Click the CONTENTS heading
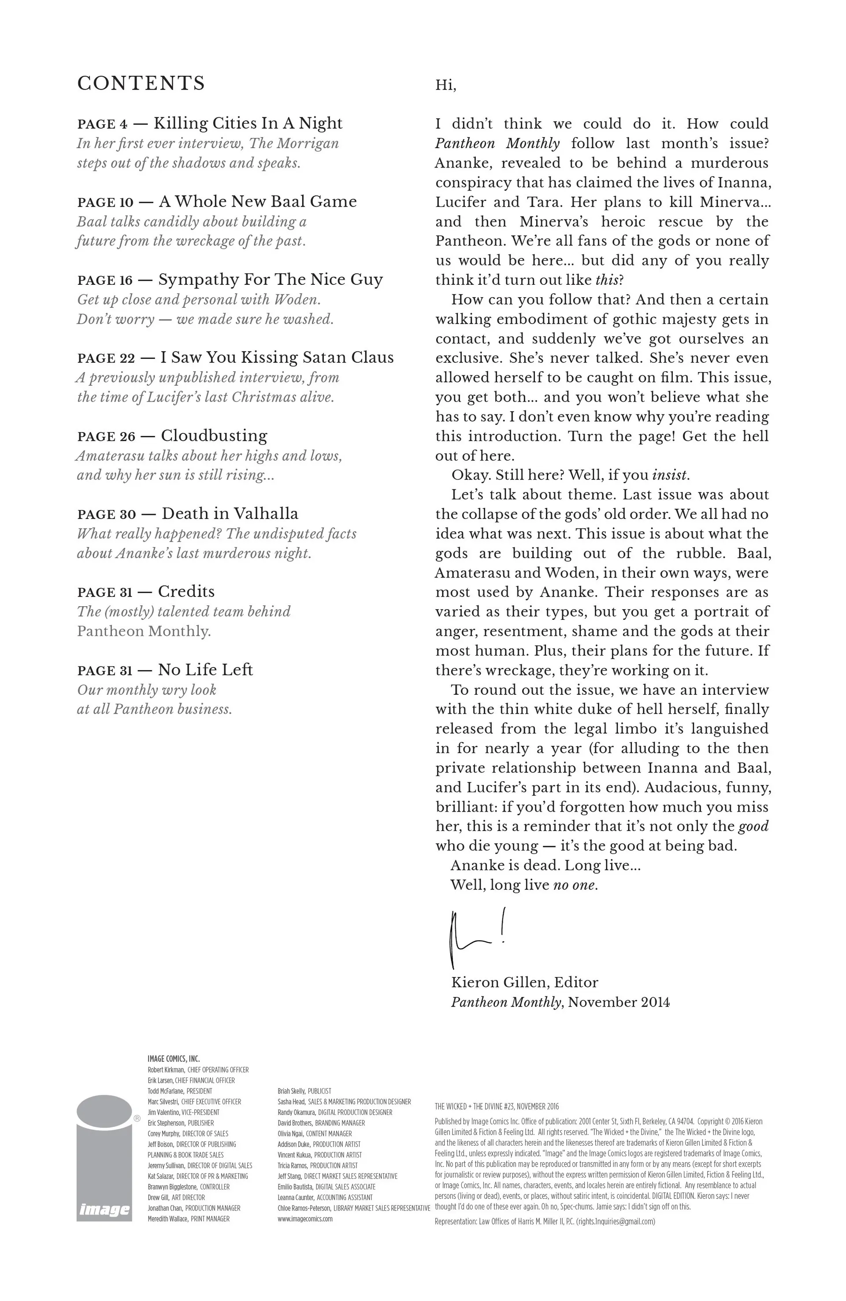(x=141, y=84)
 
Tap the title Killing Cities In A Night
(x=248, y=123)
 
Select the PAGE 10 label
(x=105, y=202)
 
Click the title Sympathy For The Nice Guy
(x=271, y=280)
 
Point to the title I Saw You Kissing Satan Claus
(x=277, y=358)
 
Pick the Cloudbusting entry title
(x=214, y=436)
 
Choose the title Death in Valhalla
(x=230, y=514)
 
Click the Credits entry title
(x=186, y=592)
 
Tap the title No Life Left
(x=205, y=670)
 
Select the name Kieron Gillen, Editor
(x=524, y=982)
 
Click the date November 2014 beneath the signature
(x=619, y=1002)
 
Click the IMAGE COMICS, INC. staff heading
(x=173, y=1059)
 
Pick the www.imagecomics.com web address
(x=305, y=1219)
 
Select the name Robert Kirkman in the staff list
(x=166, y=1070)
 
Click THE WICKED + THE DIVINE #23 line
(x=497, y=1107)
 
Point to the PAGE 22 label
(x=106, y=358)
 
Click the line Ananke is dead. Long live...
(x=545, y=865)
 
